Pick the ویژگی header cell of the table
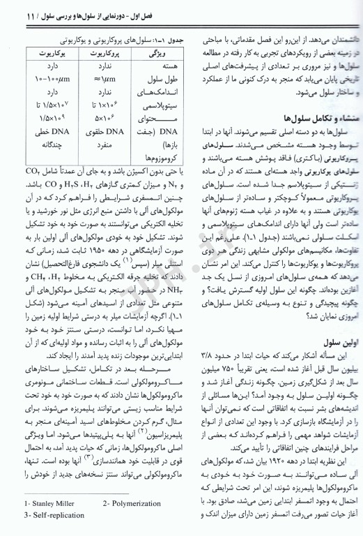(x=156, y=52)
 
